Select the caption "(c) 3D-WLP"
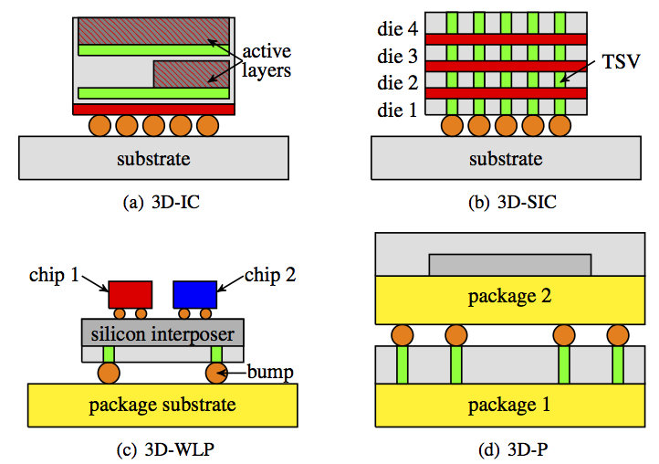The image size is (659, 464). [162, 449]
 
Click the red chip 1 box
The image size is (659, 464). [130, 293]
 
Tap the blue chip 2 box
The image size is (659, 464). [195, 293]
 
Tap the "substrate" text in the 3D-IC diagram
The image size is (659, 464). [153, 158]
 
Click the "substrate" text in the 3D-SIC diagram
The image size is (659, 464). [506, 158]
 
